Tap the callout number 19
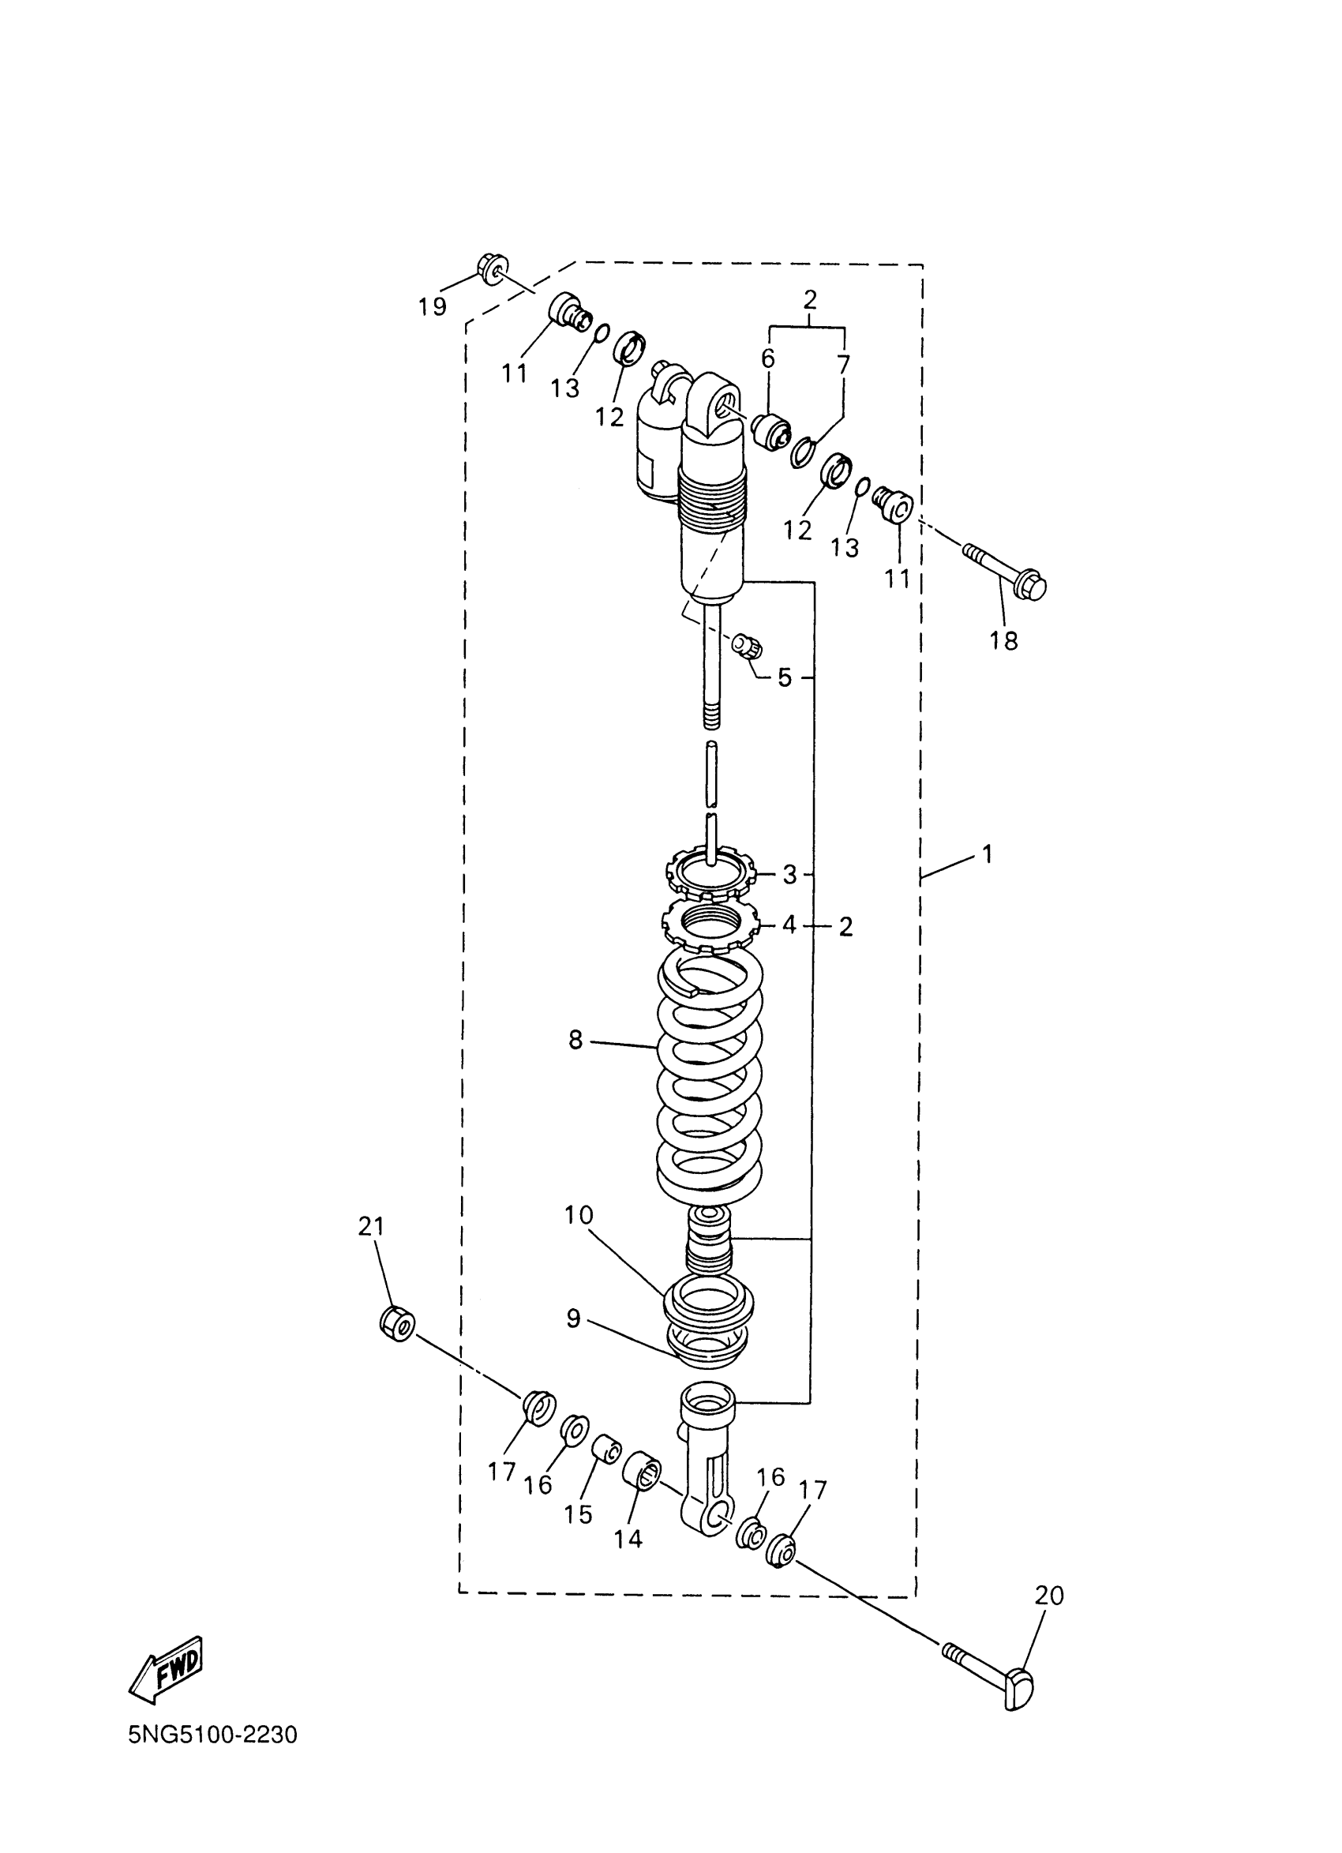[x=432, y=307]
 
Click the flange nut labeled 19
[x=491, y=268]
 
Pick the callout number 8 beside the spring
[x=575, y=1040]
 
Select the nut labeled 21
[x=398, y=1322]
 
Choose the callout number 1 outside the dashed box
[x=988, y=854]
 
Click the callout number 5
[x=784, y=677]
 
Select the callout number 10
[x=579, y=1238]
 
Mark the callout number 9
[x=573, y=1318]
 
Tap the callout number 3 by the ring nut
[x=789, y=875]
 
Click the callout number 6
[x=768, y=358]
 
